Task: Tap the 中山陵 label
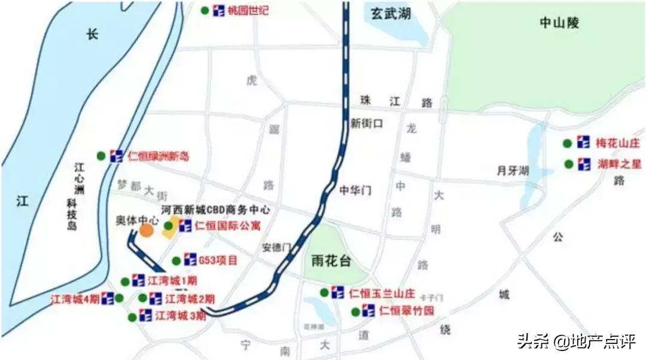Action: (x=559, y=23)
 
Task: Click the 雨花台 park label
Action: (x=331, y=261)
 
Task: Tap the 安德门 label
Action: (x=276, y=247)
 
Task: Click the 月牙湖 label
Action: (x=513, y=171)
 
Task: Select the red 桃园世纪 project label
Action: (x=249, y=11)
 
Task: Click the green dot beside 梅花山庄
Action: (x=566, y=144)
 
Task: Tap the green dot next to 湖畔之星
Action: (x=566, y=164)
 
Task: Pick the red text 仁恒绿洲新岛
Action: (x=158, y=157)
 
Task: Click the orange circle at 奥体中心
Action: (x=147, y=230)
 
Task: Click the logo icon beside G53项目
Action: (x=190, y=260)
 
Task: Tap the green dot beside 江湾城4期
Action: (x=120, y=298)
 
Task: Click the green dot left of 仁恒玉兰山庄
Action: (x=324, y=292)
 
